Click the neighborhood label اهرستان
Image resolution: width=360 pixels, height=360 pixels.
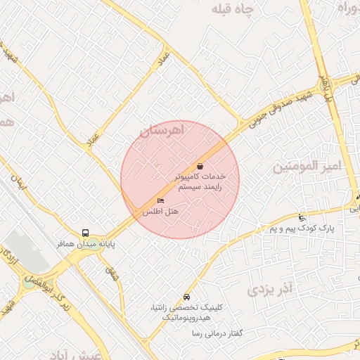pyautogui.click(x=161, y=130)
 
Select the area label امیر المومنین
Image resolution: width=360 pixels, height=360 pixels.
pyautogui.click(x=307, y=167)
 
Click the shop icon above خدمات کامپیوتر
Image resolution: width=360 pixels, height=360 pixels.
pyautogui.click(x=200, y=166)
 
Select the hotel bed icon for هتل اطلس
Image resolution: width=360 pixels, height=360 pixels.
pyautogui.click(x=161, y=202)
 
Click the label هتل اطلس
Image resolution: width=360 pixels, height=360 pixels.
pyautogui.click(x=161, y=211)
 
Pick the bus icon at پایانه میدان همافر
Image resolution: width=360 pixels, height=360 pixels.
pyautogui.click(x=85, y=232)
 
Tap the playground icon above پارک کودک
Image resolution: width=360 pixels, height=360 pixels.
pyautogui.click(x=302, y=217)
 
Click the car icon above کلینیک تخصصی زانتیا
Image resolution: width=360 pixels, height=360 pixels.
pyautogui.click(x=186, y=297)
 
